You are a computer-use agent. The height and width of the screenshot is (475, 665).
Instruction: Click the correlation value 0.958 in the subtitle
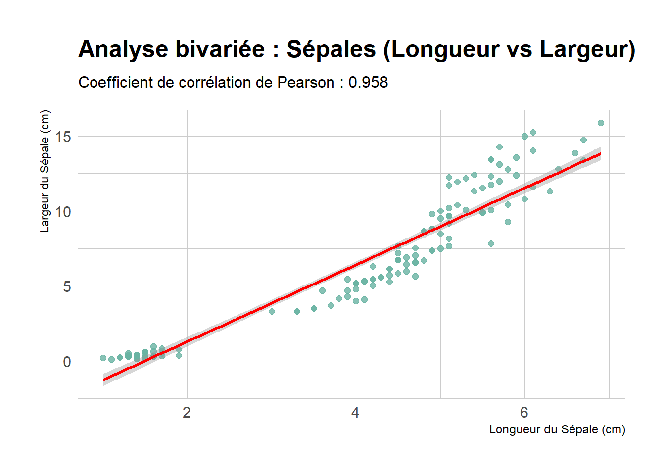point(368,82)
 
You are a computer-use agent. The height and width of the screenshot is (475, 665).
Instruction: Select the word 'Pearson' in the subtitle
point(305,82)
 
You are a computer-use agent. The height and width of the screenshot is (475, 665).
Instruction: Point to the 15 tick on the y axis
point(63,137)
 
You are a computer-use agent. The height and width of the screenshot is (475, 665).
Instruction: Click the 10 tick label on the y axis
point(63,212)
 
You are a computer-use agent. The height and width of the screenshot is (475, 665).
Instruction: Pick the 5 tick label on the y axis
point(67,287)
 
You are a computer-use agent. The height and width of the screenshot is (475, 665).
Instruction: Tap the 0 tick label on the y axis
point(67,362)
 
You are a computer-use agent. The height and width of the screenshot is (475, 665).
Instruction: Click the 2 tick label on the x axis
point(187,413)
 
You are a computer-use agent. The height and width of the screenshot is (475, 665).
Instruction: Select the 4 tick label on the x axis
point(355,413)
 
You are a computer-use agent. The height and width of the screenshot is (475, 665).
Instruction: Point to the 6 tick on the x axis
point(524,413)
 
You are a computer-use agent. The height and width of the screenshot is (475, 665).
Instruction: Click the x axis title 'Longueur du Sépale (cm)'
point(557,429)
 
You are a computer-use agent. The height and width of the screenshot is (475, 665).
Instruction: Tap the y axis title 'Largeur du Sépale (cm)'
point(45,171)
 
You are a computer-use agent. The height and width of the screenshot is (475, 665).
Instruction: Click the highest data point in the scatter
point(601,123)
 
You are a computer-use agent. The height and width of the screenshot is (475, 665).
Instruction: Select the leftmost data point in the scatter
point(103,358)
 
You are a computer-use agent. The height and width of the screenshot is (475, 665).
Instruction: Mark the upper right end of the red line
point(600,154)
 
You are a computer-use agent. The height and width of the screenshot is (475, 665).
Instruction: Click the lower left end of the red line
point(103,380)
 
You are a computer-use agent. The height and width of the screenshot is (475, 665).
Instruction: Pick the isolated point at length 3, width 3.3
point(272,311)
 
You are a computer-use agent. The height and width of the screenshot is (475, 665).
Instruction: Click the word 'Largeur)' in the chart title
point(587,50)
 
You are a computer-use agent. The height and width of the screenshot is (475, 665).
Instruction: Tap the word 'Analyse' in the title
point(123,50)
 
